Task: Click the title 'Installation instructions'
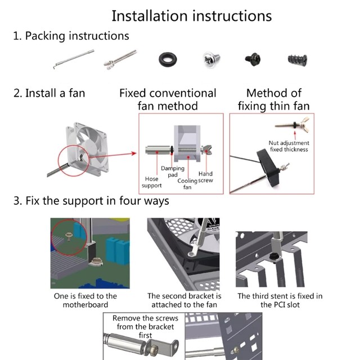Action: tap(191, 15)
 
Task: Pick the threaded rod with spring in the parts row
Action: tap(120, 60)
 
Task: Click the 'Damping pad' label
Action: tap(172, 172)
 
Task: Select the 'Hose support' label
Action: tap(151, 182)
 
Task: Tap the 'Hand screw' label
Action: tap(205, 177)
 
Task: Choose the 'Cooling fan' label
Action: tap(187, 184)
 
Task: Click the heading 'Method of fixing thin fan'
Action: tap(274, 99)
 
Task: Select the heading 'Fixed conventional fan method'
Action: tap(168, 99)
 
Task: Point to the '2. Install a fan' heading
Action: tap(49, 93)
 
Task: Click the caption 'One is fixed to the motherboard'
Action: tap(85, 300)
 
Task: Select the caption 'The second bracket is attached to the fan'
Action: tap(184, 300)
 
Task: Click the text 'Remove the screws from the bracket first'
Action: tap(145, 326)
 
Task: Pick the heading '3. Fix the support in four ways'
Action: tap(91, 200)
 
